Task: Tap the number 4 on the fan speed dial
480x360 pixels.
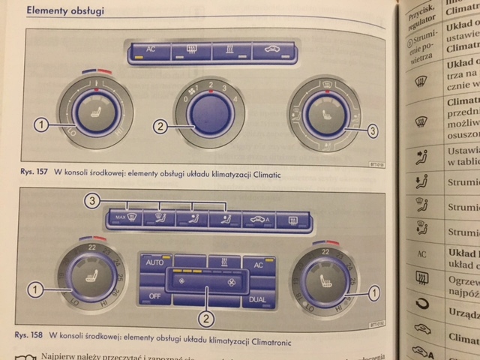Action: [x=235, y=99]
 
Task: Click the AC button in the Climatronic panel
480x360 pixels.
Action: [x=259, y=264]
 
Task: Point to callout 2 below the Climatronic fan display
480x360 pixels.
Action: [x=205, y=318]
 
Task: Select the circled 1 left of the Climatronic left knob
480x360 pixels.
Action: [x=32, y=288]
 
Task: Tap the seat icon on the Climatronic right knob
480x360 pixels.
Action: [x=325, y=282]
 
